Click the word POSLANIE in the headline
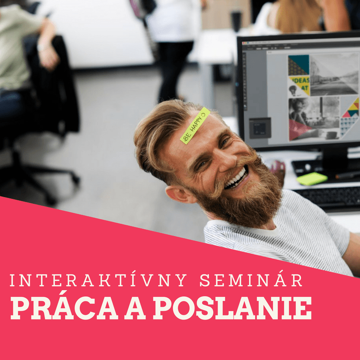pos(232,308)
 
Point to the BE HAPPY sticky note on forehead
pos(195,126)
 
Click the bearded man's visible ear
pos(180,194)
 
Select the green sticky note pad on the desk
pos(312,179)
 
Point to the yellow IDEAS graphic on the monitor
pos(300,85)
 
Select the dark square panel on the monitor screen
pos(260,128)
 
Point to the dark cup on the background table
pos(237,21)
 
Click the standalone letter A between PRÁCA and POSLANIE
pos(135,308)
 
